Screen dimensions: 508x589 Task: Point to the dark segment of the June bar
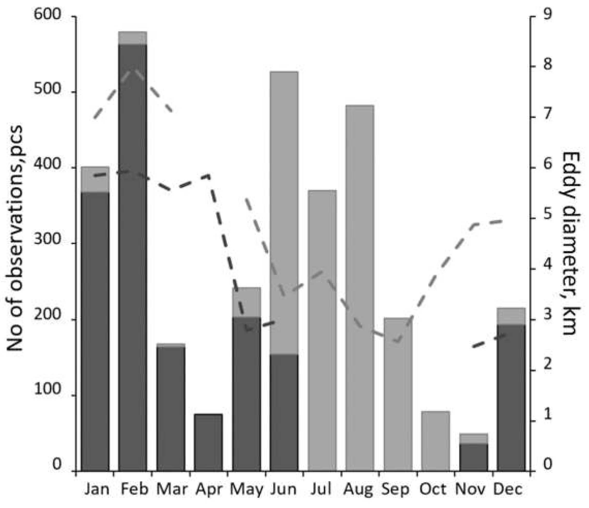click(284, 412)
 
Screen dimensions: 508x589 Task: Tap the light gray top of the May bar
click(246, 302)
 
